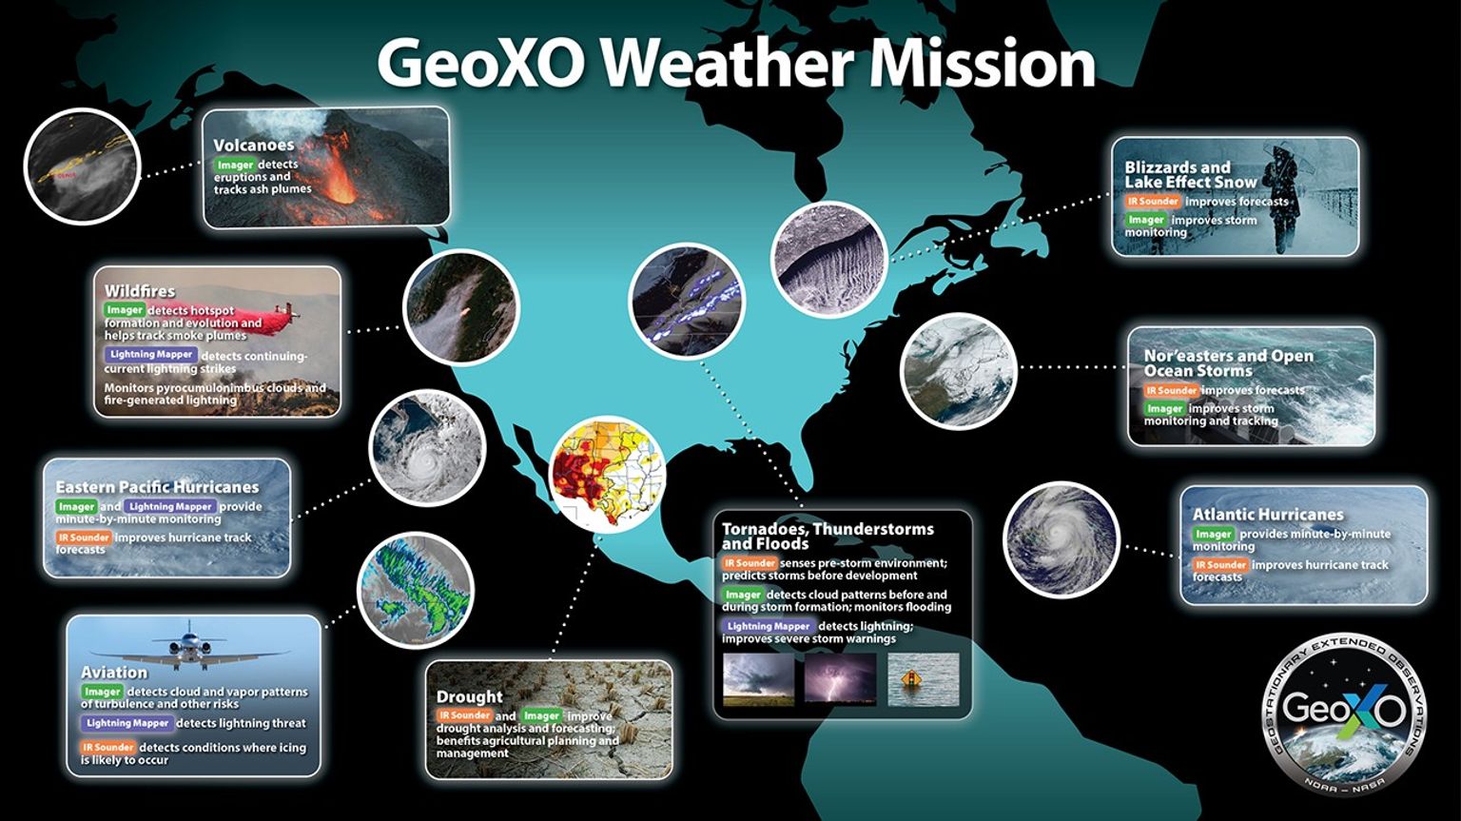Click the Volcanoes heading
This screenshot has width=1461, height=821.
[x=253, y=146]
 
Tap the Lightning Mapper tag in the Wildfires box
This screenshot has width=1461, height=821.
[x=151, y=355]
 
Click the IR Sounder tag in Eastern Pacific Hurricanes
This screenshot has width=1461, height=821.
[x=84, y=538]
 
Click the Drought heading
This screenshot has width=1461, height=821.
[x=469, y=697]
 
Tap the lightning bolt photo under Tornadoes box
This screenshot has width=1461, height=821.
[x=840, y=679]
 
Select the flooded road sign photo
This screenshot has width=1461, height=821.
[x=923, y=679]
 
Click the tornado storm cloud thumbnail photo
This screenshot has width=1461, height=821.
[x=758, y=679]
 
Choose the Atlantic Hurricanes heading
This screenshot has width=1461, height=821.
[x=1268, y=514]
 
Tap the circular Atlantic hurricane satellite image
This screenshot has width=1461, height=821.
[x=1061, y=539]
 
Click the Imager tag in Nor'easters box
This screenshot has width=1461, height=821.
[x=1164, y=409]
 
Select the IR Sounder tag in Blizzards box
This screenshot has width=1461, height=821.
[x=1153, y=202]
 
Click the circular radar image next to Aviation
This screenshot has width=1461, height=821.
[x=415, y=590]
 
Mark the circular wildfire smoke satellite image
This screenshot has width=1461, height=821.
[x=461, y=307]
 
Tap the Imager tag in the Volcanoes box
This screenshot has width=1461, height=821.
[x=235, y=165]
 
